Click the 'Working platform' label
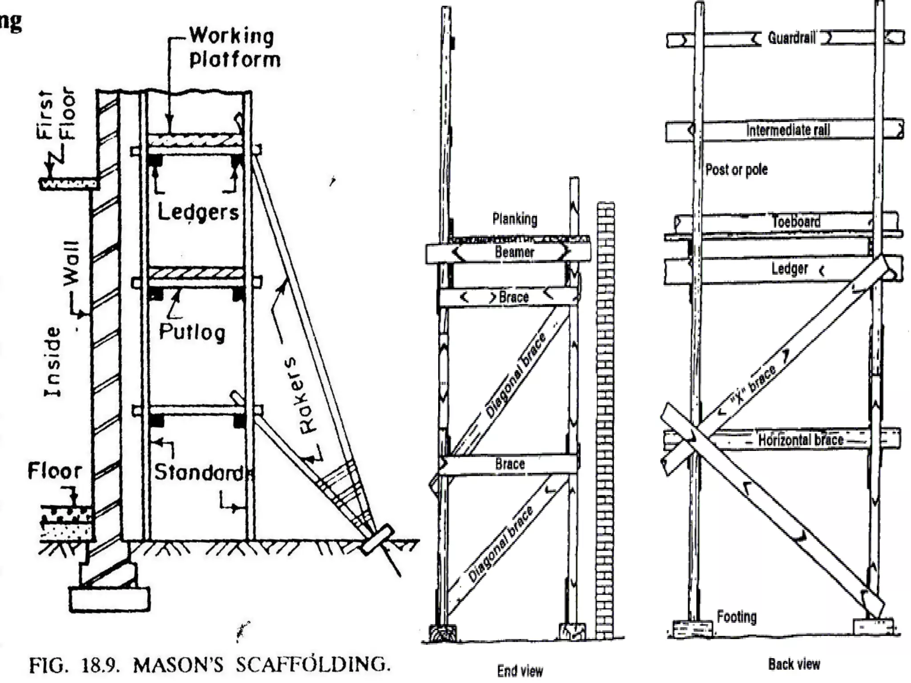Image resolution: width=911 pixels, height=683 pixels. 235,47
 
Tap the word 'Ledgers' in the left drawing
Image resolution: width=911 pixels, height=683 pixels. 198,212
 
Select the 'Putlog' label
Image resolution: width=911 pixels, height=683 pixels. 192,332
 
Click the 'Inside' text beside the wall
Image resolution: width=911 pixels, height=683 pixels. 53,362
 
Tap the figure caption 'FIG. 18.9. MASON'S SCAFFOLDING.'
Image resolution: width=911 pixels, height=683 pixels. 210,665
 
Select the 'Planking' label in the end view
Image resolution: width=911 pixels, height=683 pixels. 515,219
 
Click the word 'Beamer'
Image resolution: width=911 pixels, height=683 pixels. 514,252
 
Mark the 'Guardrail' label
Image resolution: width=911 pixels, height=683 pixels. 792,38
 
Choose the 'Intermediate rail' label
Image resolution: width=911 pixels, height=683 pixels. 788,130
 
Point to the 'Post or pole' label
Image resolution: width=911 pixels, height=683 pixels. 737,169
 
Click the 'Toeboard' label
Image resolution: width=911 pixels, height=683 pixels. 796,221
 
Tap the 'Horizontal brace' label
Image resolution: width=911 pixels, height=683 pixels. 801,440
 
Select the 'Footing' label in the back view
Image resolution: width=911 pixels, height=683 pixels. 737,617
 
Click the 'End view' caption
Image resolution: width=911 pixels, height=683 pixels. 520,671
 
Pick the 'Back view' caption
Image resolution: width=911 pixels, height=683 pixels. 794,664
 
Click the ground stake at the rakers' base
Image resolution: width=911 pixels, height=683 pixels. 377,539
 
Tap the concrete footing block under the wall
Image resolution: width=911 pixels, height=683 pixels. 109,599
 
